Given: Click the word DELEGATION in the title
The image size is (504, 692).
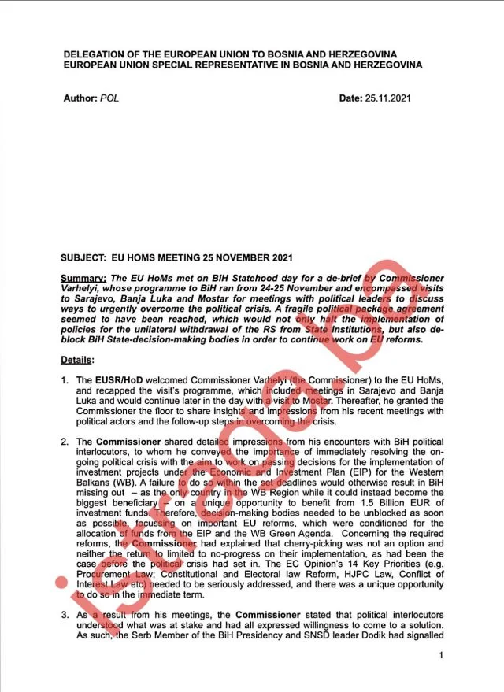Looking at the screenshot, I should pos(96,54).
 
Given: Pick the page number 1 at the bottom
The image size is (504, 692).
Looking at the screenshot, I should pos(441,655).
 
